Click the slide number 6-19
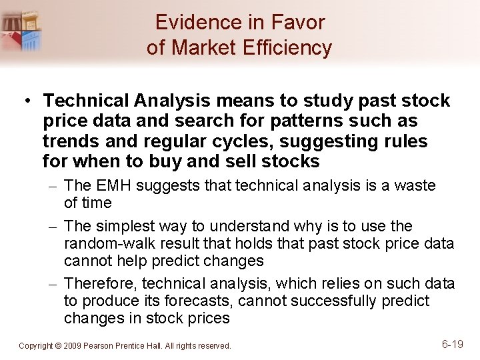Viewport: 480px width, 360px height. click(453, 344)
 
